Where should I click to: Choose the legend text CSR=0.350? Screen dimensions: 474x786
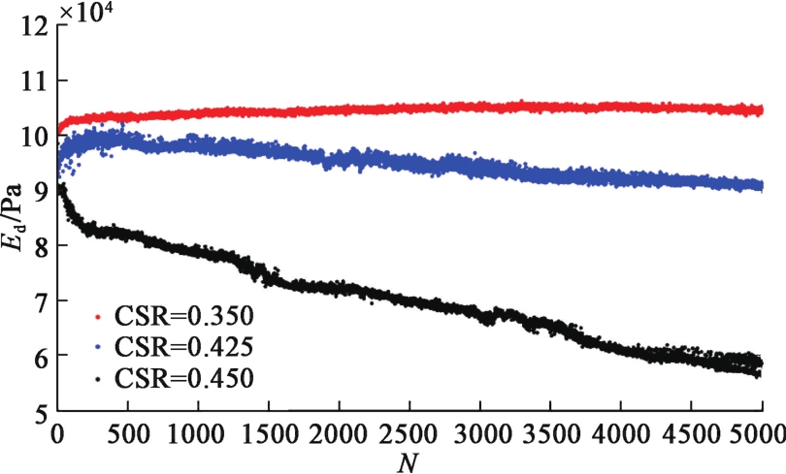tap(184, 316)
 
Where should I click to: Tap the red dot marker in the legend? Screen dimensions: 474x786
tap(96, 317)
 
